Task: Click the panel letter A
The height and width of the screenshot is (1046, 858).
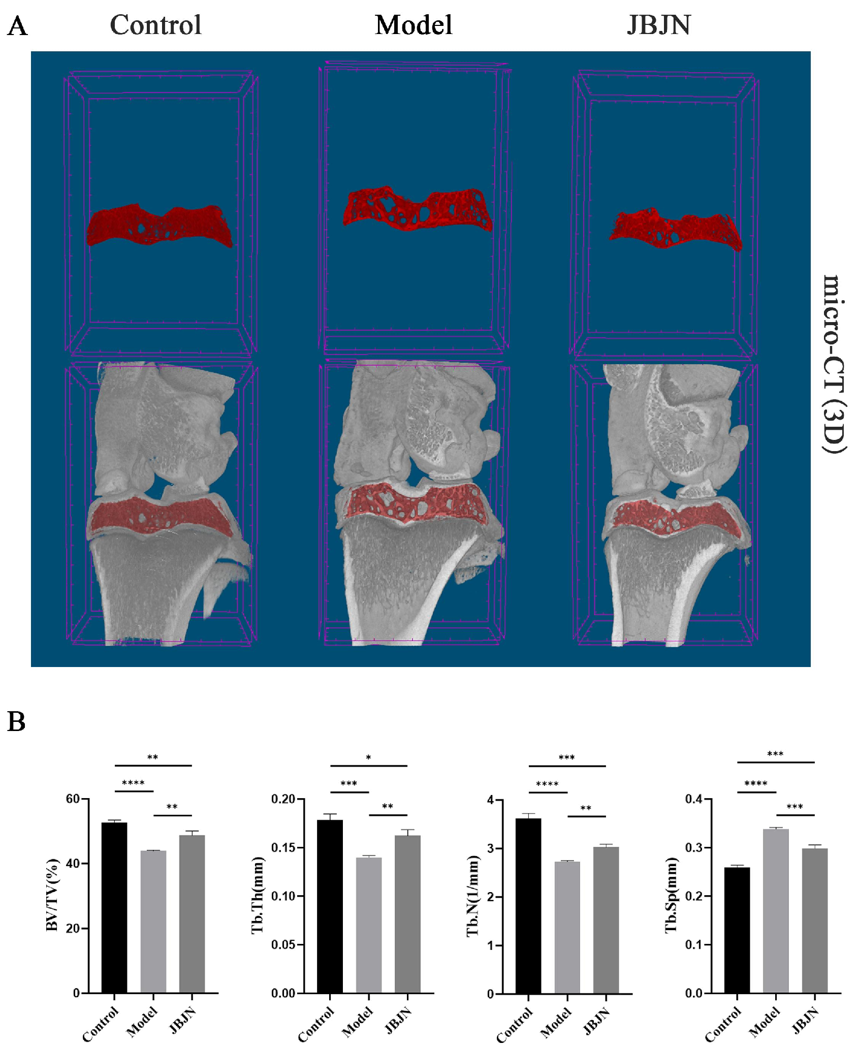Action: pos(17,26)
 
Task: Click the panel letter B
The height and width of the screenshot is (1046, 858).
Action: pos(16,721)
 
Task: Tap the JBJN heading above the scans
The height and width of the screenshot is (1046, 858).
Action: pos(659,25)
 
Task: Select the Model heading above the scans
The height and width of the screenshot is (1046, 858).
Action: pos(414,25)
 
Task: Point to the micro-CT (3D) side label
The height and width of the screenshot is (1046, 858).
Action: pos(834,364)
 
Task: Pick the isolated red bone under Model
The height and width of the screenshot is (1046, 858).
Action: pos(418,208)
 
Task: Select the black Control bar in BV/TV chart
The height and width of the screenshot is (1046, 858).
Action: pos(114,907)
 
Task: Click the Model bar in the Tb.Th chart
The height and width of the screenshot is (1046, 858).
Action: pos(369,925)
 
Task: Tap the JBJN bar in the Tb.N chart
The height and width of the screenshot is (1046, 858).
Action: pos(606,920)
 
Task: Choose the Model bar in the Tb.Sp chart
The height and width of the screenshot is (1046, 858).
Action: pos(776,911)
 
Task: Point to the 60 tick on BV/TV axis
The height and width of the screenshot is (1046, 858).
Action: pos(73,799)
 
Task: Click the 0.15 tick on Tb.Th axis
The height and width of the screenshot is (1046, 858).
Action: pos(283,847)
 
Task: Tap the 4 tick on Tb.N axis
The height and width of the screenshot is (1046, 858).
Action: pos(490,800)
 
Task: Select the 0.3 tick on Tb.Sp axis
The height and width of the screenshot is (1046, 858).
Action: pos(694,847)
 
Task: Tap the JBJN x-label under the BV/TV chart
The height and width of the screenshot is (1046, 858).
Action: pos(183,1020)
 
